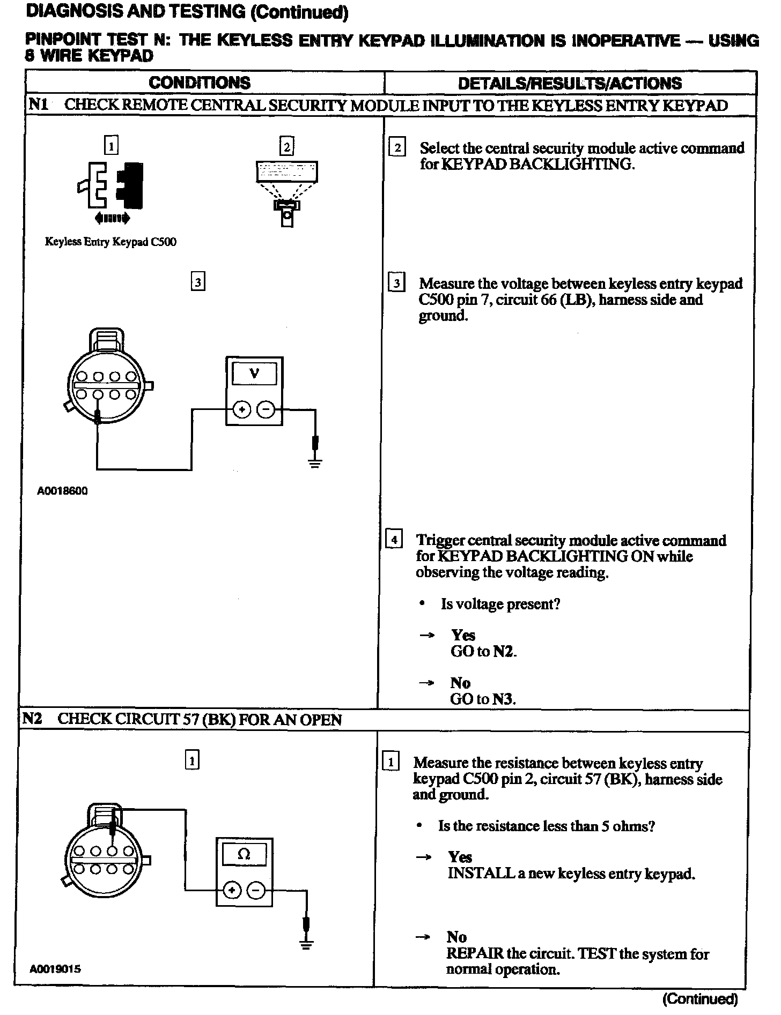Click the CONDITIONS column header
pyautogui.click(x=200, y=83)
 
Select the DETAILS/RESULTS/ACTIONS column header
pyautogui.click(x=570, y=84)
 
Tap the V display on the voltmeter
pyautogui.click(x=254, y=374)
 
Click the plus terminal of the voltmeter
pyautogui.click(x=242, y=411)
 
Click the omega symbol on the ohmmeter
pyautogui.click(x=244, y=854)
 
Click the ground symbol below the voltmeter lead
pyautogui.click(x=315, y=463)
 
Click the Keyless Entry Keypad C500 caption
pyautogui.click(x=110, y=242)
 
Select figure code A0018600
pyautogui.click(x=62, y=491)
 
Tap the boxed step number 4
pyautogui.click(x=394, y=539)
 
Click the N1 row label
pyautogui.click(x=38, y=105)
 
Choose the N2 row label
pyautogui.click(x=32, y=719)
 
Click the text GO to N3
pyautogui.click(x=483, y=699)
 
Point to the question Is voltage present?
pyautogui.click(x=500, y=604)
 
